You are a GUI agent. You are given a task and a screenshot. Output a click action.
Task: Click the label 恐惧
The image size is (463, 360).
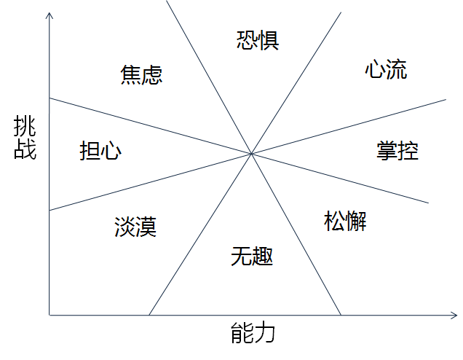pyautogui.click(x=258, y=39)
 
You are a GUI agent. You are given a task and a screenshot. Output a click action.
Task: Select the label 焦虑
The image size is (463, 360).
pyautogui.click(x=141, y=74)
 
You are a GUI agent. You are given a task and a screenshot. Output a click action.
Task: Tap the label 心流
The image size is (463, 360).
pyautogui.click(x=386, y=70)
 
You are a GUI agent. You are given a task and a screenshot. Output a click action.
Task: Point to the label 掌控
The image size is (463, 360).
pyautogui.click(x=397, y=150)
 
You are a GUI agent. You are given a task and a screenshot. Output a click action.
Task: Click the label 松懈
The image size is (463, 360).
pyautogui.click(x=344, y=220)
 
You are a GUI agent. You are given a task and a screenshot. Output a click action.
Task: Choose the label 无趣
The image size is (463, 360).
pyautogui.click(x=252, y=256)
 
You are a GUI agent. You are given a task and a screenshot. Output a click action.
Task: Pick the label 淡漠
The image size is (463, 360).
pyautogui.click(x=135, y=227)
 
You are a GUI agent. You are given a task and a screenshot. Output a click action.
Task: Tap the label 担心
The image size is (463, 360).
pyautogui.click(x=100, y=151)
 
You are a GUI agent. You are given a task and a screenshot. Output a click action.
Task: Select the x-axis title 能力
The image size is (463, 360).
pyautogui.click(x=253, y=334)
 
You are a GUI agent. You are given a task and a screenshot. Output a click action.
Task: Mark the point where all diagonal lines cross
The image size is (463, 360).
pyautogui.click(x=251, y=154)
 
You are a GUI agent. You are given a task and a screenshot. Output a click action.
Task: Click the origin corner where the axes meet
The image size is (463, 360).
pyautogui.click(x=49, y=315)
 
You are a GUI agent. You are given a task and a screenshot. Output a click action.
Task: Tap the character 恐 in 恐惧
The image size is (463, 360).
pyautogui.click(x=248, y=39)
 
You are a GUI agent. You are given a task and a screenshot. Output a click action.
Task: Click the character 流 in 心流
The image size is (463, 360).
pyautogui.click(x=397, y=70)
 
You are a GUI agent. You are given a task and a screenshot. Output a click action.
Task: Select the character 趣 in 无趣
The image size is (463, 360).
pyautogui.click(x=263, y=256)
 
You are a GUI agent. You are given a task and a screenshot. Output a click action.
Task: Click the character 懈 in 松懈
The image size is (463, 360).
pyautogui.click(x=356, y=220)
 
